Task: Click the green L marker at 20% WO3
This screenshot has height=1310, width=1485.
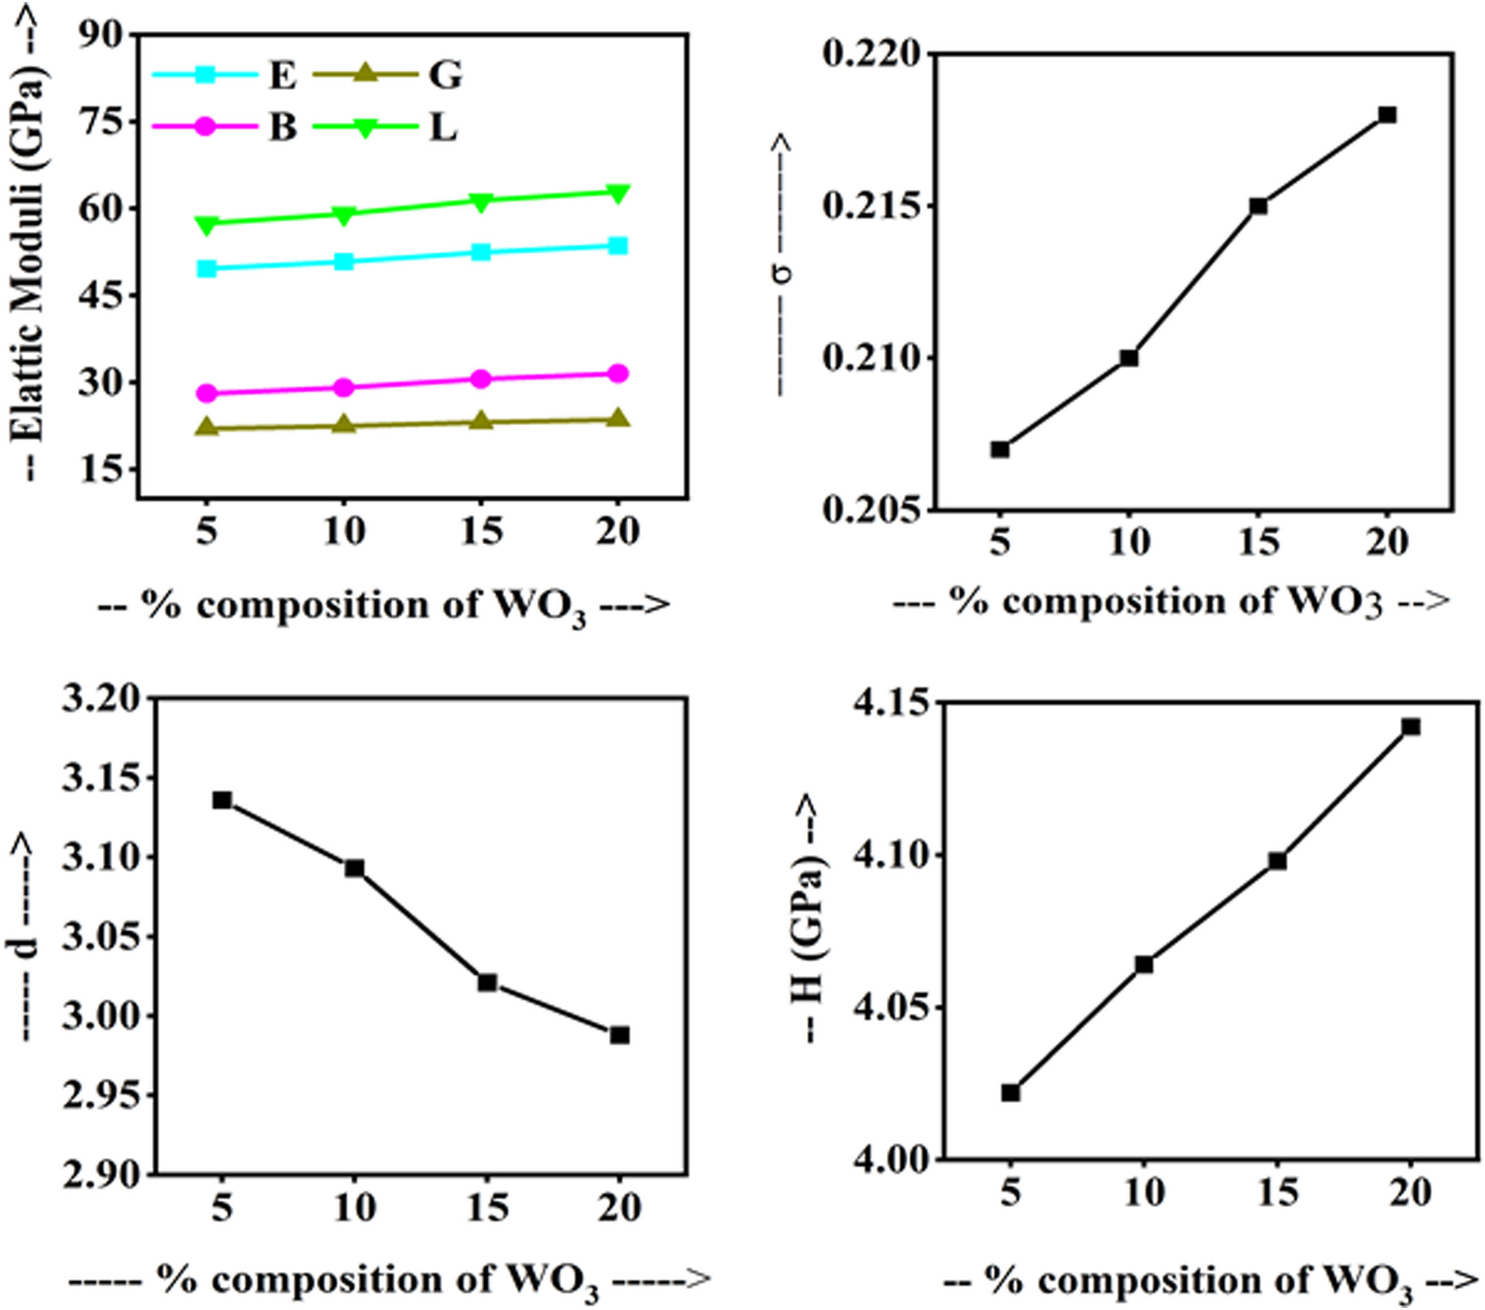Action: pos(617,193)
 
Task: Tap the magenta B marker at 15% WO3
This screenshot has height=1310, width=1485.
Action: pos(481,379)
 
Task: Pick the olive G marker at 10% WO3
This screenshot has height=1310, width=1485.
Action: pos(344,425)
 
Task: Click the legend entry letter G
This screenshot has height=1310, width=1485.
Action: pos(444,75)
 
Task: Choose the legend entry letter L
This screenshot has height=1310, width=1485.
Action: pos(443,128)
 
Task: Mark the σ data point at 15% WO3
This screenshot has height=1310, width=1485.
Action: pos(1258,206)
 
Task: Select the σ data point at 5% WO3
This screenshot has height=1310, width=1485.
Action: pos(1001,449)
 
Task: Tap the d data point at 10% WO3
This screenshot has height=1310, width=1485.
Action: pos(355,868)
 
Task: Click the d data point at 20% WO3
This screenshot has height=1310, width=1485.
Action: pos(620,1035)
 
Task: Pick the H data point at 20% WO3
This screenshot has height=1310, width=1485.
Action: pos(1411,727)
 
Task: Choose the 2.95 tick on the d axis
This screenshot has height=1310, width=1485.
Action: pos(102,1096)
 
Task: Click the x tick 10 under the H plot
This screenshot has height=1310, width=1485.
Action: pos(1144,1193)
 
